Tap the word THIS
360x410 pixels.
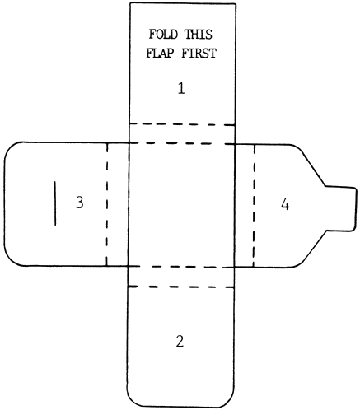tap(199, 35)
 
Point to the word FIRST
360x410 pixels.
tap(199, 53)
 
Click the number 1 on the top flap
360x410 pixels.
tap(181, 88)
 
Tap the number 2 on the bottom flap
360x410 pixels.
tap(180, 342)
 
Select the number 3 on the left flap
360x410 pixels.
tap(79, 203)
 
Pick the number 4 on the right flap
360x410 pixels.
tap(285, 204)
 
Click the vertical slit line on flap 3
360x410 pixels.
tap(55, 203)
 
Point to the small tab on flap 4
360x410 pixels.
tap(341, 208)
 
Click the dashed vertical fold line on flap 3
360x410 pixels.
tap(107, 204)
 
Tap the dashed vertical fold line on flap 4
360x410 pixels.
tap(254, 206)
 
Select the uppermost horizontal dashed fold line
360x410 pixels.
tap(182, 124)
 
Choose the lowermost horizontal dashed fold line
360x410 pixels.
tap(181, 287)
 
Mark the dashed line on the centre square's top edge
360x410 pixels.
tap(182, 143)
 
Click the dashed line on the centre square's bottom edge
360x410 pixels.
tap(181, 267)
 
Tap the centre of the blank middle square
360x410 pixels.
tap(182, 205)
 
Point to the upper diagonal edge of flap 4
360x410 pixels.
tap(312, 167)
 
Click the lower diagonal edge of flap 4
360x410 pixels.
tap(313, 247)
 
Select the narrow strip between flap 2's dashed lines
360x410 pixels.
tap(181, 277)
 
